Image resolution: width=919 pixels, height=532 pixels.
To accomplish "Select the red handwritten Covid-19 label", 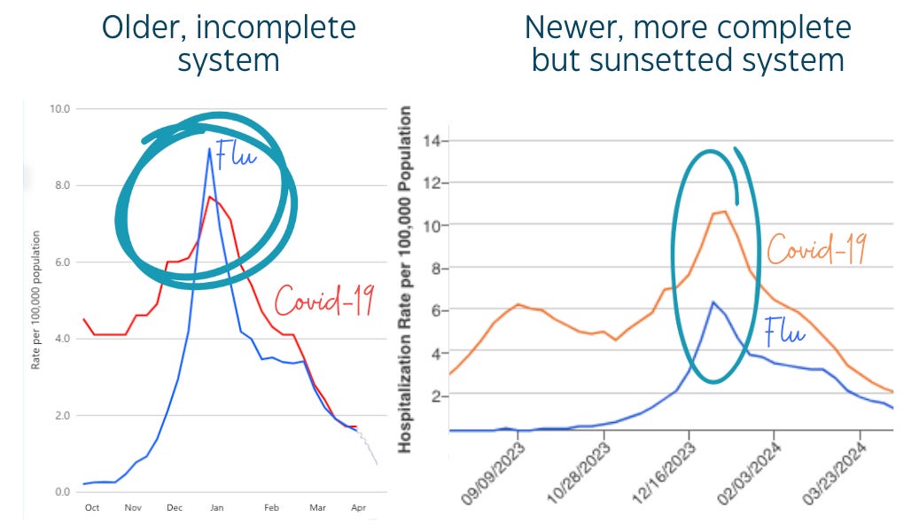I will [323, 301].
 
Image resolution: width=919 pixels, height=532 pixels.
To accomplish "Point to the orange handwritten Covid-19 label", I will [815, 249].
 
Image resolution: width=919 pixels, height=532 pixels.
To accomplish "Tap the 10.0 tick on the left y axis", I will [60, 109].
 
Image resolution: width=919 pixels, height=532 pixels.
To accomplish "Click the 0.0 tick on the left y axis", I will [62, 492].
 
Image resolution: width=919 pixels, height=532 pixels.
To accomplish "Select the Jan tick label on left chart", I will [216, 508].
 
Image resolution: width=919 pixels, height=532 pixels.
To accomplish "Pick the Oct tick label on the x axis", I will [91, 508].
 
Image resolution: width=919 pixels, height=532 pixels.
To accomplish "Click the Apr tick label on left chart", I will [359, 508].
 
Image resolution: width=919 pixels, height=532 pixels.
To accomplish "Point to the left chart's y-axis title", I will [36, 300].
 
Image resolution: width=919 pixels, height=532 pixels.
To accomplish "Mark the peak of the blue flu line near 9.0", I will [209, 148].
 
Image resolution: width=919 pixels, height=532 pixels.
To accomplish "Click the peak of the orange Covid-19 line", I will [723, 212].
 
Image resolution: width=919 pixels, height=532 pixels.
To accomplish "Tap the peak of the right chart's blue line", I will [712, 302].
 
